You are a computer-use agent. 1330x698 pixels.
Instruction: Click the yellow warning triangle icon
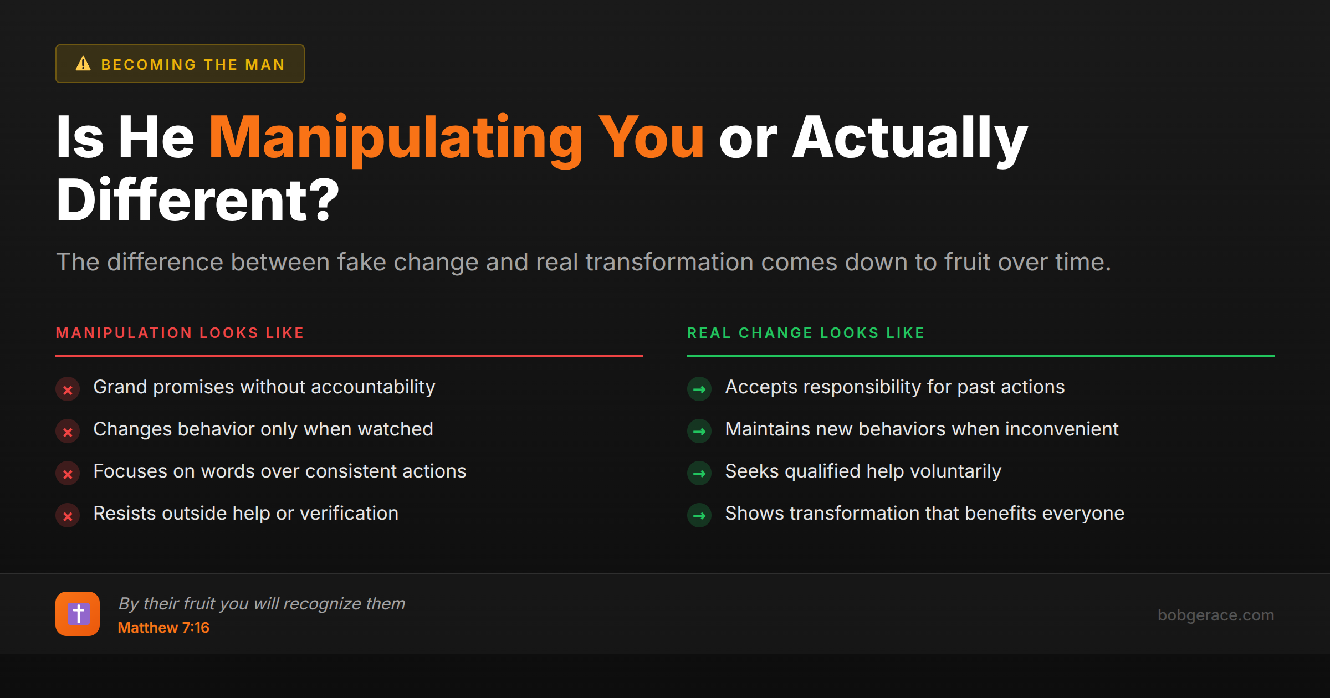point(83,64)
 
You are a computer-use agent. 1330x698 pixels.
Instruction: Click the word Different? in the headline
point(197,201)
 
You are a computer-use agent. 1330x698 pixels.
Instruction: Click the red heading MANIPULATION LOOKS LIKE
point(180,333)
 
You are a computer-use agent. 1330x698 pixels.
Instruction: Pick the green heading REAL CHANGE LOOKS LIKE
point(806,333)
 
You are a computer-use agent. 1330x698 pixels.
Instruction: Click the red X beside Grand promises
point(68,390)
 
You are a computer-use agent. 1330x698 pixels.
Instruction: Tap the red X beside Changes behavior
point(68,432)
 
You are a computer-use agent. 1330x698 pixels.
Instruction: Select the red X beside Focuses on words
point(68,474)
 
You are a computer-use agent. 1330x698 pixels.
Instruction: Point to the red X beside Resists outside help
point(68,516)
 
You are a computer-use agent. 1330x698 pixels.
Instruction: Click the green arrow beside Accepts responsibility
point(699,389)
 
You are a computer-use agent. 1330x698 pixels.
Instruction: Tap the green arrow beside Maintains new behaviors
point(699,432)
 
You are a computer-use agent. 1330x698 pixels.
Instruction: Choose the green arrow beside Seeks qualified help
point(699,474)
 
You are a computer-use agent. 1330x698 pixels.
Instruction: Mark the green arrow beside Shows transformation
point(699,516)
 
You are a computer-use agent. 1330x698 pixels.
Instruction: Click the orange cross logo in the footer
point(78,614)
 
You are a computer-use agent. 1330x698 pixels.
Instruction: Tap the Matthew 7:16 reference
point(163,628)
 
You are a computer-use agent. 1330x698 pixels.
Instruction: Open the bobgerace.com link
point(1215,615)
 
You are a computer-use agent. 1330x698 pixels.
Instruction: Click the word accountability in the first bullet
point(373,387)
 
